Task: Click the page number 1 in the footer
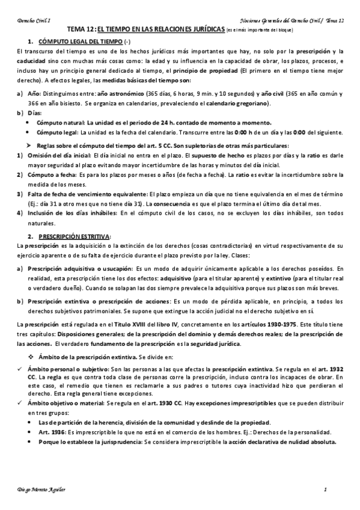pos(325,489)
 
